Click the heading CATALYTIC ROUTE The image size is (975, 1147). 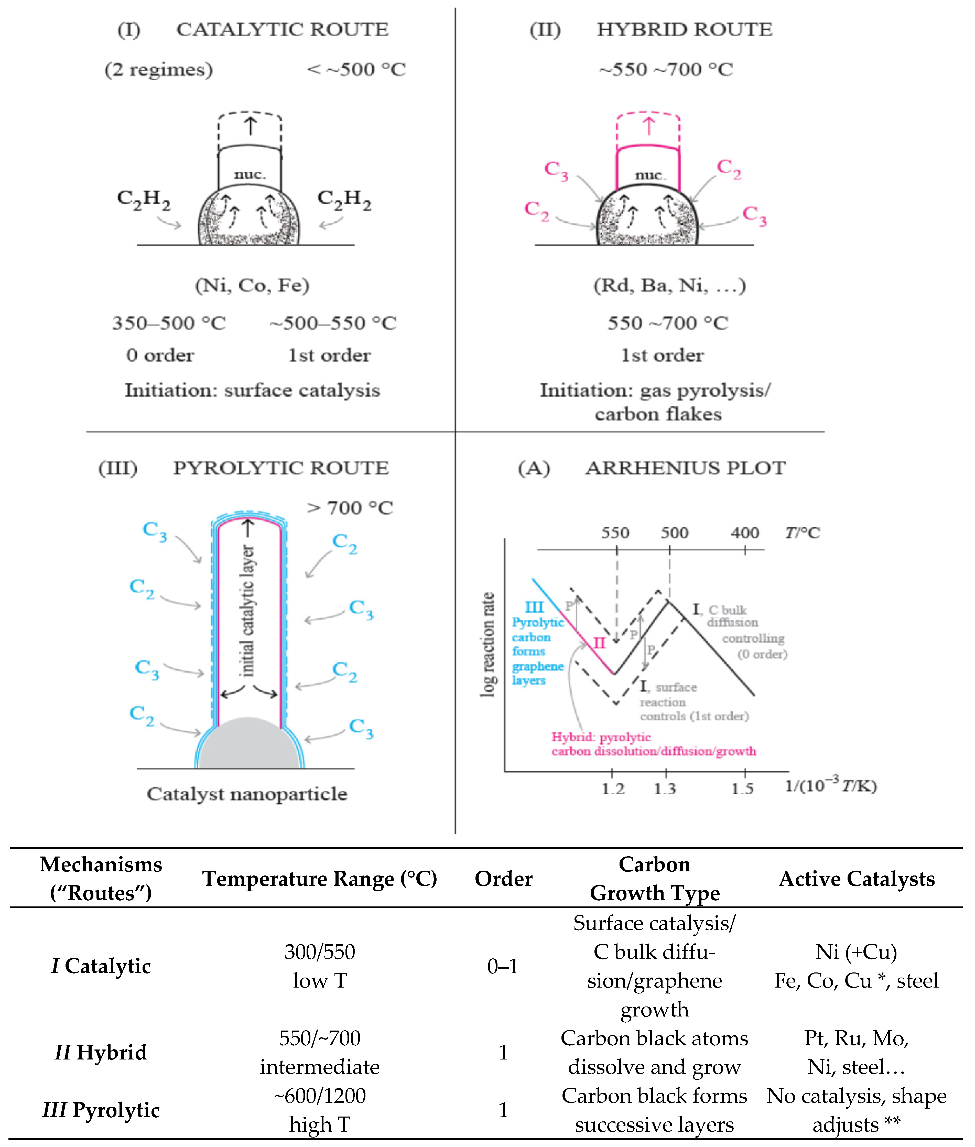282,29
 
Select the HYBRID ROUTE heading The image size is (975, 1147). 684,29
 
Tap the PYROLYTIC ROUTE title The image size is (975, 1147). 281,468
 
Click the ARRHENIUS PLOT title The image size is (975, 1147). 685,468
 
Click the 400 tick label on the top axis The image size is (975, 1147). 744,533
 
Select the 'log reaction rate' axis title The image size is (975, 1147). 487,644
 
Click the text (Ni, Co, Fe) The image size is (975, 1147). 252,285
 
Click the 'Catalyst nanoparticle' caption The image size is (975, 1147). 247,794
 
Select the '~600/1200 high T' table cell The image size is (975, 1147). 319,1110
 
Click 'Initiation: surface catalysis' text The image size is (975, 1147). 252,390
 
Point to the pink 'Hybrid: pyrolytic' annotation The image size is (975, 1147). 601,737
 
